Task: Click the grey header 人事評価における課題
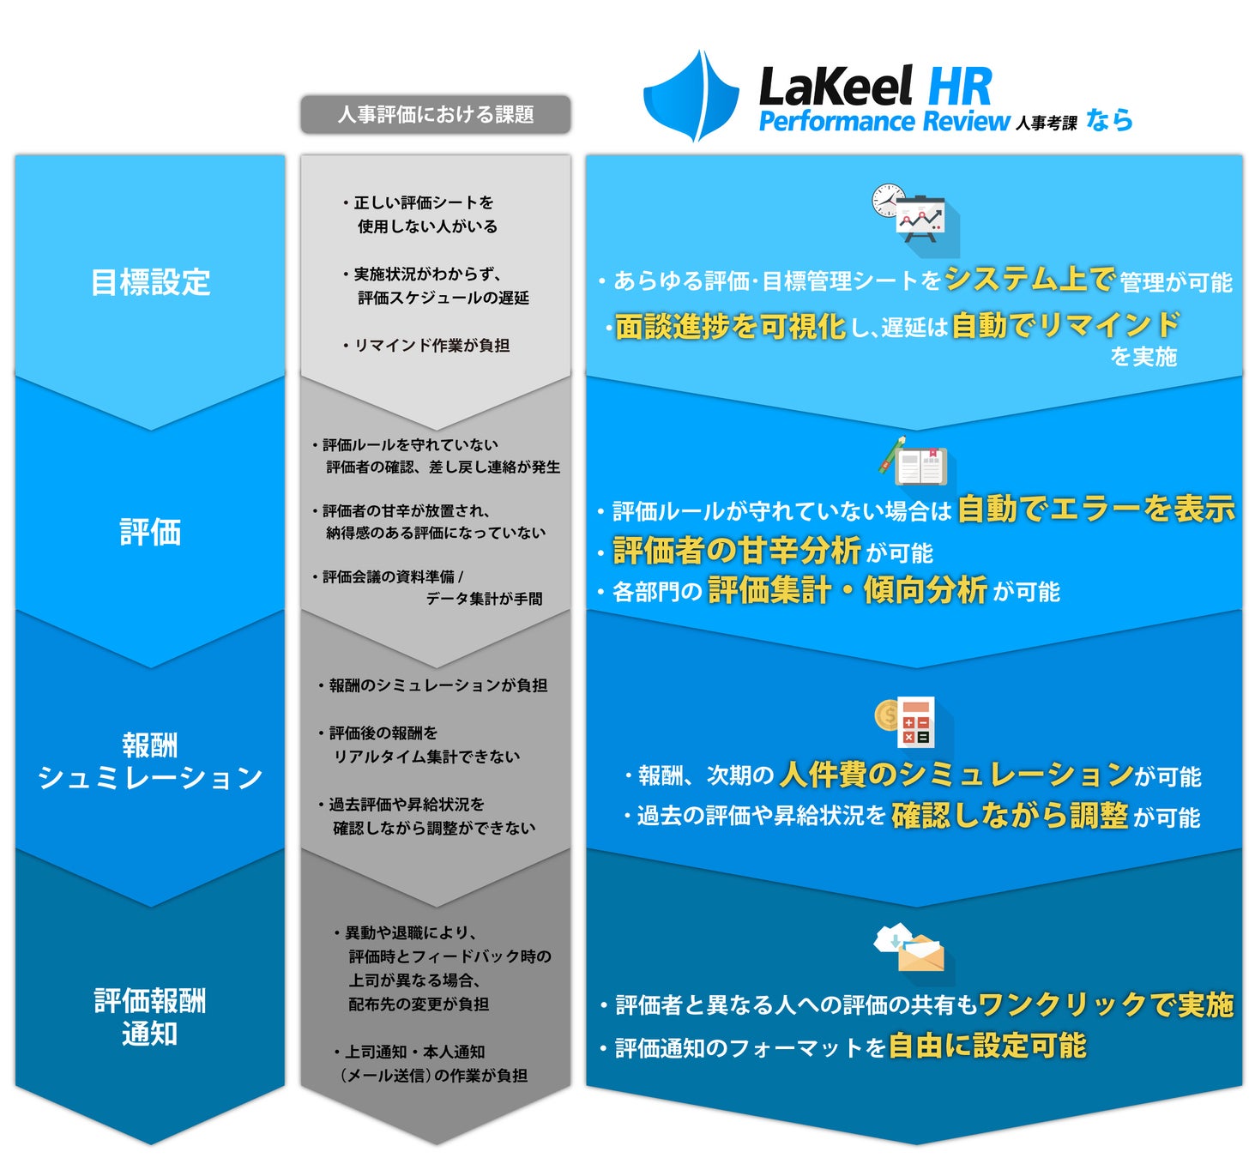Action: click(435, 114)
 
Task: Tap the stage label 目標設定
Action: click(150, 282)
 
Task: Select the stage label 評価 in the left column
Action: click(150, 532)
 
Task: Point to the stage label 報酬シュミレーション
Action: click(150, 761)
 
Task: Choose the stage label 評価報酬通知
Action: click(150, 1016)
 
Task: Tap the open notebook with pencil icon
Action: click(913, 463)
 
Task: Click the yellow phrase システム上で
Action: click(1029, 279)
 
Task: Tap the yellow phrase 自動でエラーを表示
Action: click(1095, 509)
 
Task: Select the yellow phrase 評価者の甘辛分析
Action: click(737, 550)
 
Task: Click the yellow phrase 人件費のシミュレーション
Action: click(956, 774)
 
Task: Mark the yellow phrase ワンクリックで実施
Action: click(1106, 1004)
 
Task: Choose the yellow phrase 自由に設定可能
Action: click(987, 1046)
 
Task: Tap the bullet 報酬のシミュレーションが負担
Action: click(437, 685)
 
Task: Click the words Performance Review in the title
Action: click(884, 122)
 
